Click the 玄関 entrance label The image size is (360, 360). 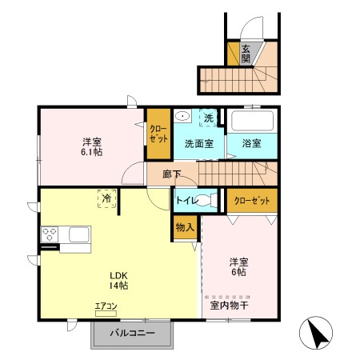point(246,54)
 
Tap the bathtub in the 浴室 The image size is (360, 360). point(252,121)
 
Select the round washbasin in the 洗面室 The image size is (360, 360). point(182,116)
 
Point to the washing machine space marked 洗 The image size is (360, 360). point(208,118)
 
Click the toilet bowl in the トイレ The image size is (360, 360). point(206,200)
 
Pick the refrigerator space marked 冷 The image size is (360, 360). point(107,198)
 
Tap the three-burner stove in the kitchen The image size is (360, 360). point(50,234)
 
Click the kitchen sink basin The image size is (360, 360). point(79,234)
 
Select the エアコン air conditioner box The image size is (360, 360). point(106,314)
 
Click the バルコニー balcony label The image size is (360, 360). point(132,333)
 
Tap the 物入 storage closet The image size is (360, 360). point(186,227)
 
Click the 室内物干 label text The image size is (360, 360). point(230,306)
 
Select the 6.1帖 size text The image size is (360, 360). point(91,152)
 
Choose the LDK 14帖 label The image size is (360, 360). point(118,281)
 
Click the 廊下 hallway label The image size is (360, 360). point(172,174)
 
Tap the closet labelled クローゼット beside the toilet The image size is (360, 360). point(252,201)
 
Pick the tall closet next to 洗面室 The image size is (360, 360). point(158,134)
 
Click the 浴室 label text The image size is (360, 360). point(251,143)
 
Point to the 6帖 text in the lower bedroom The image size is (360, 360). point(238,272)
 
